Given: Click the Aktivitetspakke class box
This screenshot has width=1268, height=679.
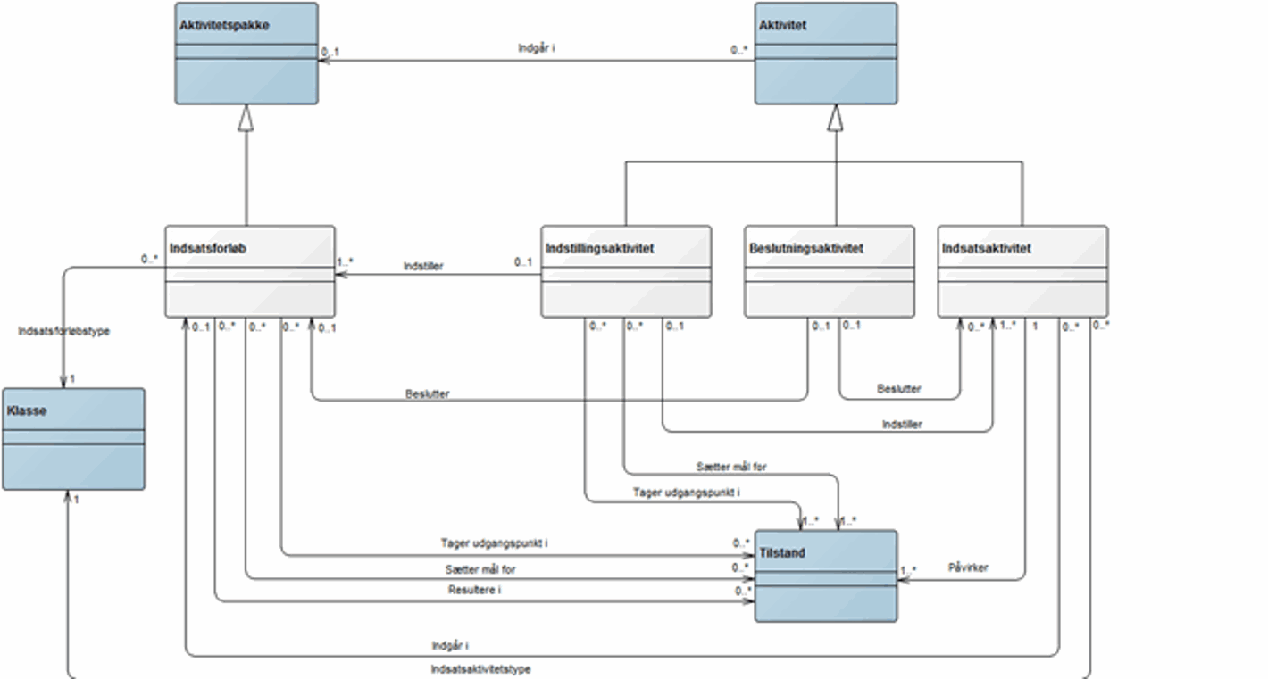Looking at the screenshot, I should pyautogui.click(x=246, y=54).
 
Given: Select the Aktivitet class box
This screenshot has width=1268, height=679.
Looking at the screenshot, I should pyautogui.click(x=826, y=54).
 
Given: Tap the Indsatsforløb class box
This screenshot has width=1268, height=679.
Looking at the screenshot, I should pyautogui.click(x=249, y=271).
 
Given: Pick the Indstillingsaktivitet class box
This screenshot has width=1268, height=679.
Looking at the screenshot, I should pyautogui.click(x=626, y=271).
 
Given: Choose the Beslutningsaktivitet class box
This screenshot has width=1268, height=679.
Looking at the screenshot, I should pyautogui.click(x=829, y=271).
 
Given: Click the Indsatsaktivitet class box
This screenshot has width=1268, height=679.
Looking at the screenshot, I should pyautogui.click(x=1022, y=271).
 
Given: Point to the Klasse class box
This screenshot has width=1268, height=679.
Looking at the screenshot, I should pyautogui.click(x=73, y=438).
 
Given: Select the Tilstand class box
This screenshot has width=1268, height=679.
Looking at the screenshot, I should pyautogui.click(x=826, y=575).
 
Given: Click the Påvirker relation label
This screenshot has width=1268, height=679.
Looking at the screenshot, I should pyautogui.click(x=968, y=567).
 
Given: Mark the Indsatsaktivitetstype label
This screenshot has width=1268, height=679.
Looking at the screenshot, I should pyautogui.click(x=480, y=668).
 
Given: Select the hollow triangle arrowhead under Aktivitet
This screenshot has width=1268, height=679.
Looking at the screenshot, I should pyautogui.click(x=835, y=117).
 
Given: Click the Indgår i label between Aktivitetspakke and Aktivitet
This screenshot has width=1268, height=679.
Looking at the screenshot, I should pyautogui.click(x=537, y=47).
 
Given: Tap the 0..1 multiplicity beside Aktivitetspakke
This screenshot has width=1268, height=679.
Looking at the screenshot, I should pyautogui.click(x=330, y=53).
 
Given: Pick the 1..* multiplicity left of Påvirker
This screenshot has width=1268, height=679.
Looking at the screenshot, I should pyautogui.click(x=908, y=570).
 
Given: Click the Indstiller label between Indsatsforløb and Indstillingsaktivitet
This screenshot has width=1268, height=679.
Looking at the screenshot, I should pyautogui.click(x=423, y=266).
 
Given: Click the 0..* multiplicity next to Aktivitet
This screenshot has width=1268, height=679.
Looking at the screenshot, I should pyautogui.click(x=738, y=51).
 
